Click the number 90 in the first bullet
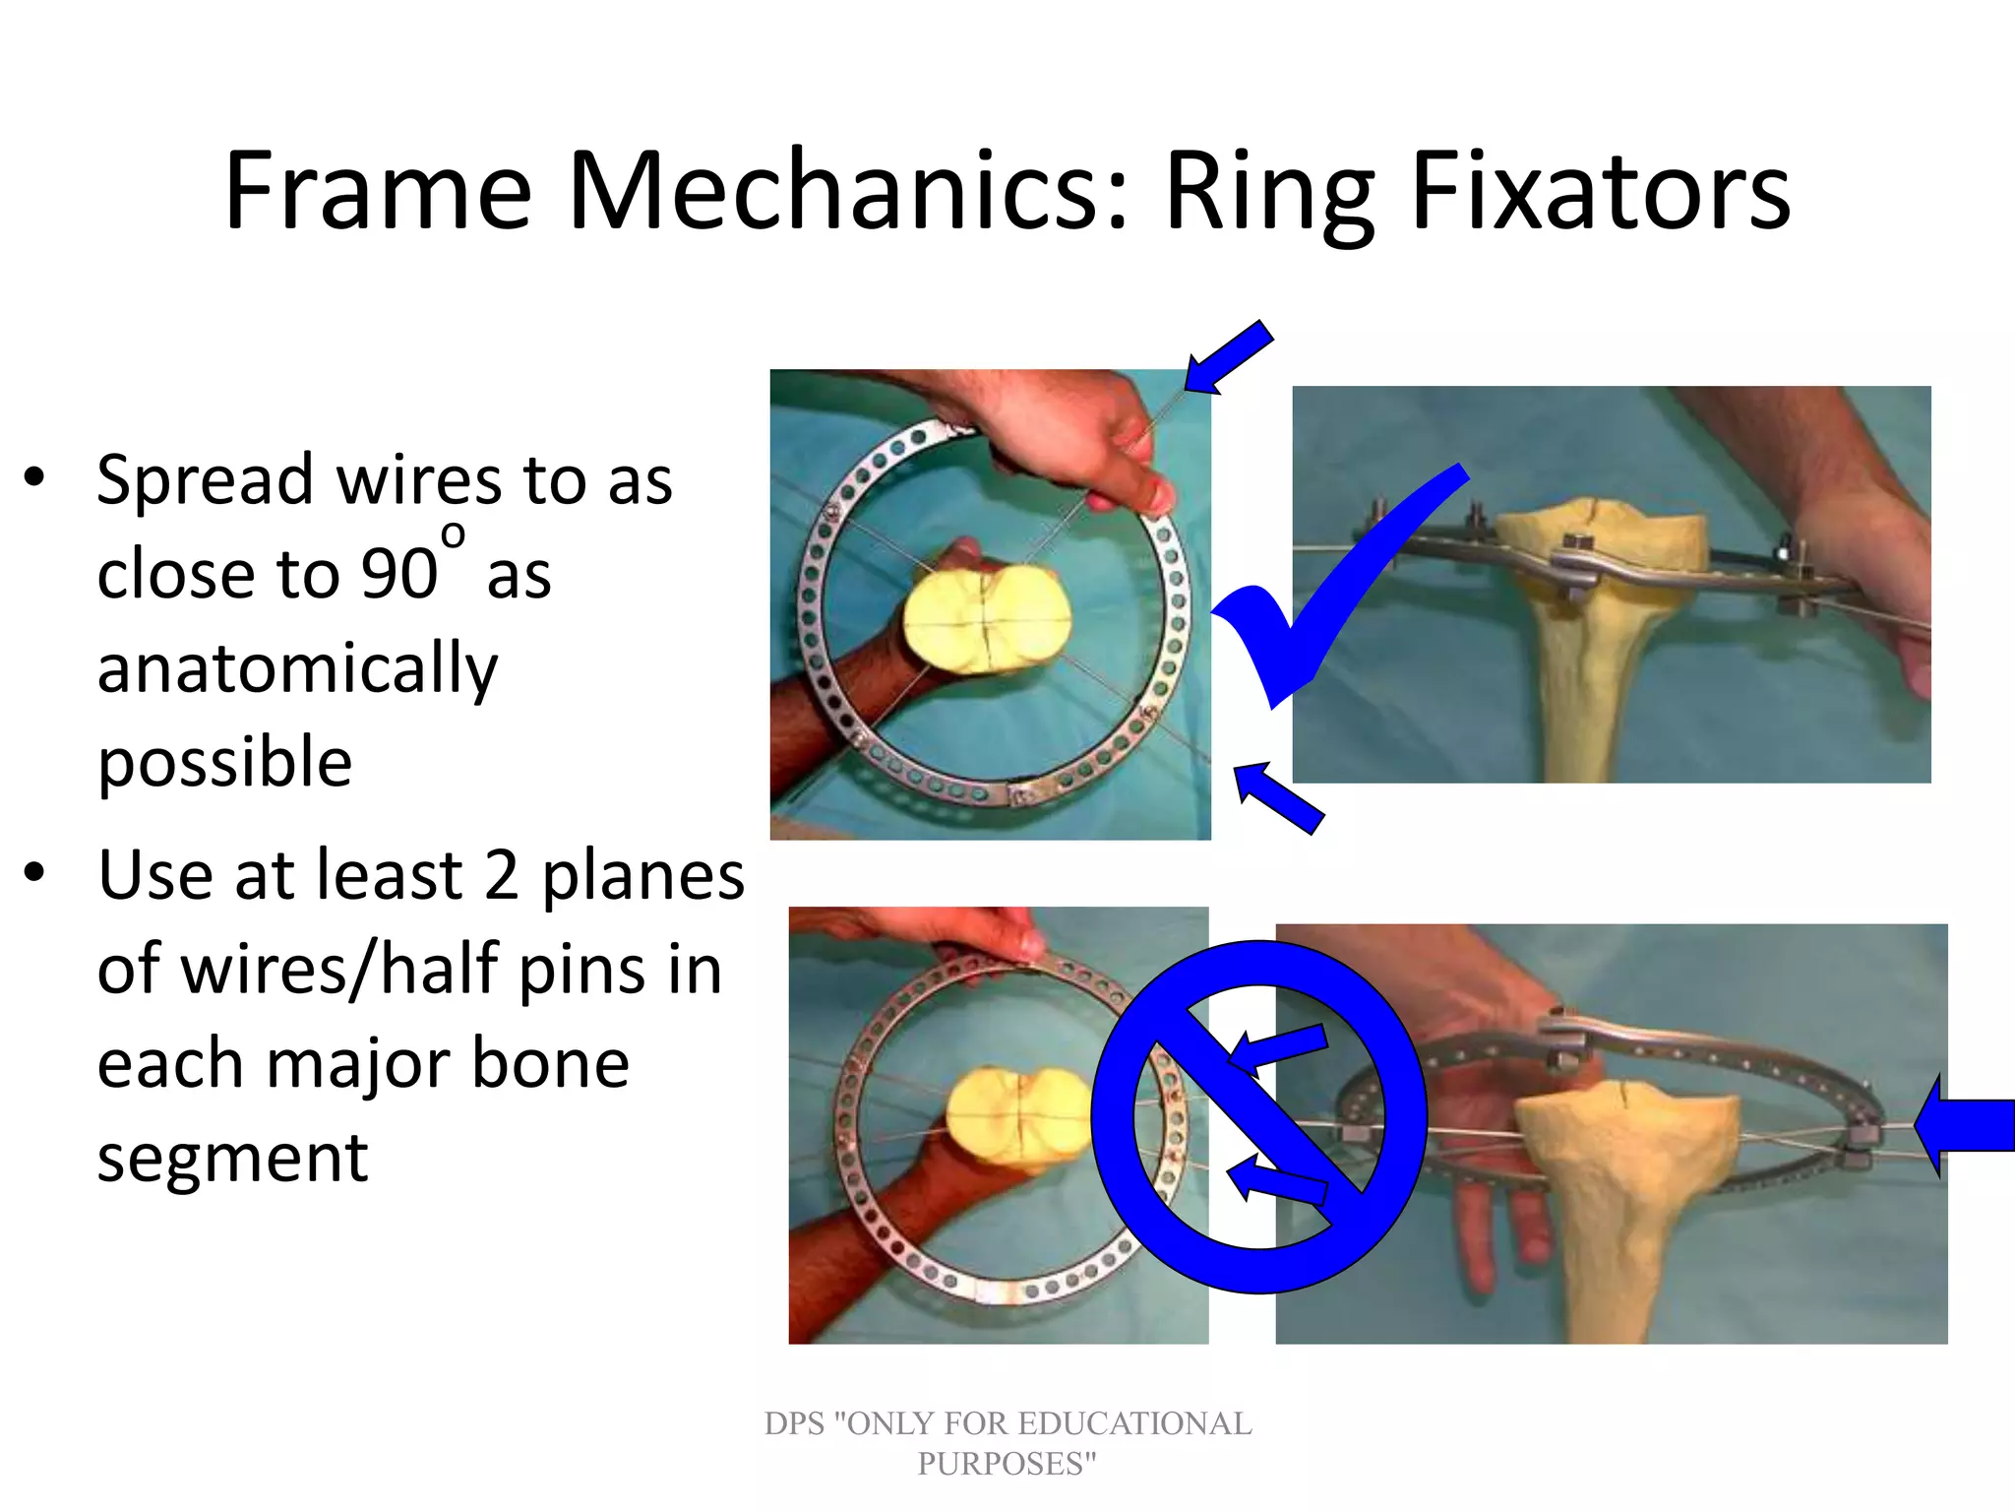coord(398,573)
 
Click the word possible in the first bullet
coord(224,762)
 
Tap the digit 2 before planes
coord(501,875)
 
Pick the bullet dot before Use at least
coord(35,873)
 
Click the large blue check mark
coord(1328,591)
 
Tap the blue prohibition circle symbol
coord(1259,1116)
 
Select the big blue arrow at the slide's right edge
coord(1968,1125)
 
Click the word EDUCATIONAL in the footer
coord(1133,1423)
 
